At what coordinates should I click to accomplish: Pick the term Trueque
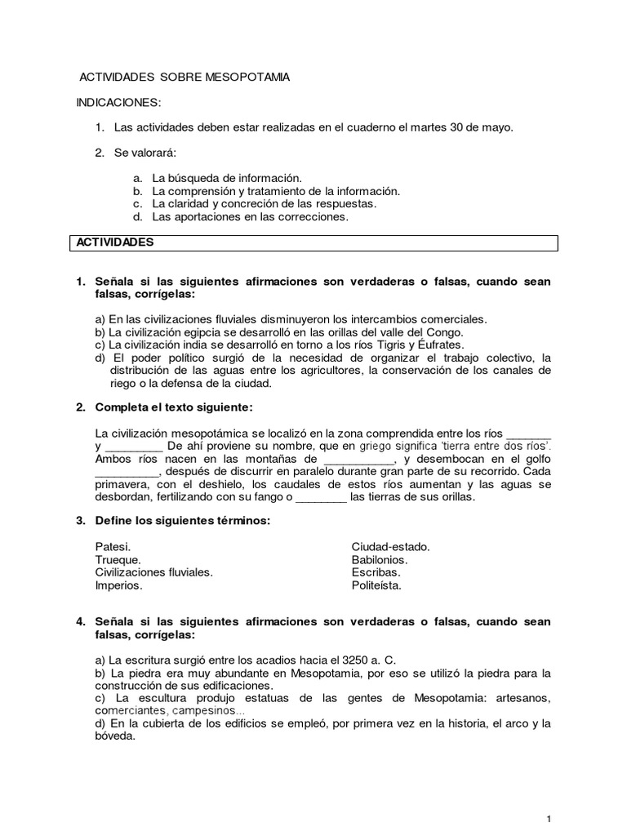tap(118, 559)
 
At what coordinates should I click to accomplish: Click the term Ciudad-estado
tap(390, 546)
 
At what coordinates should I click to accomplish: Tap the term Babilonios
tap(380, 559)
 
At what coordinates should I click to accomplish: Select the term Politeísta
tap(376, 585)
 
